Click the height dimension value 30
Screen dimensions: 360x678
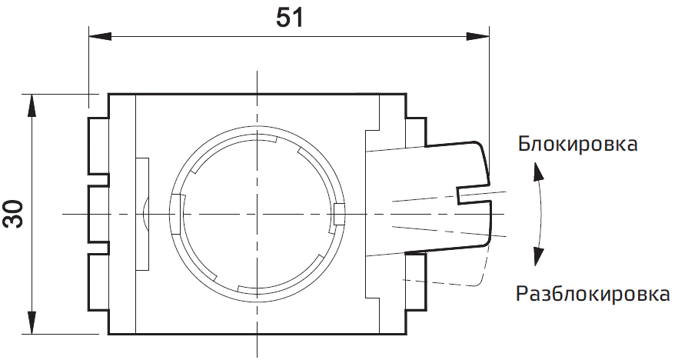coord(13,215)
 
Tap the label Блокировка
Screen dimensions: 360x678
coord(577,144)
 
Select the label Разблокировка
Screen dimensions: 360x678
coord(593,294)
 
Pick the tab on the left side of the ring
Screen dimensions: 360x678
coord(176,214)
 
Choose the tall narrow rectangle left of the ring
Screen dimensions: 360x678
coord(142,214)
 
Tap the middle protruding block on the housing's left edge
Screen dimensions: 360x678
coord(97,214)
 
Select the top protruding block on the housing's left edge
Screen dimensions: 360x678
coord(97,145)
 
